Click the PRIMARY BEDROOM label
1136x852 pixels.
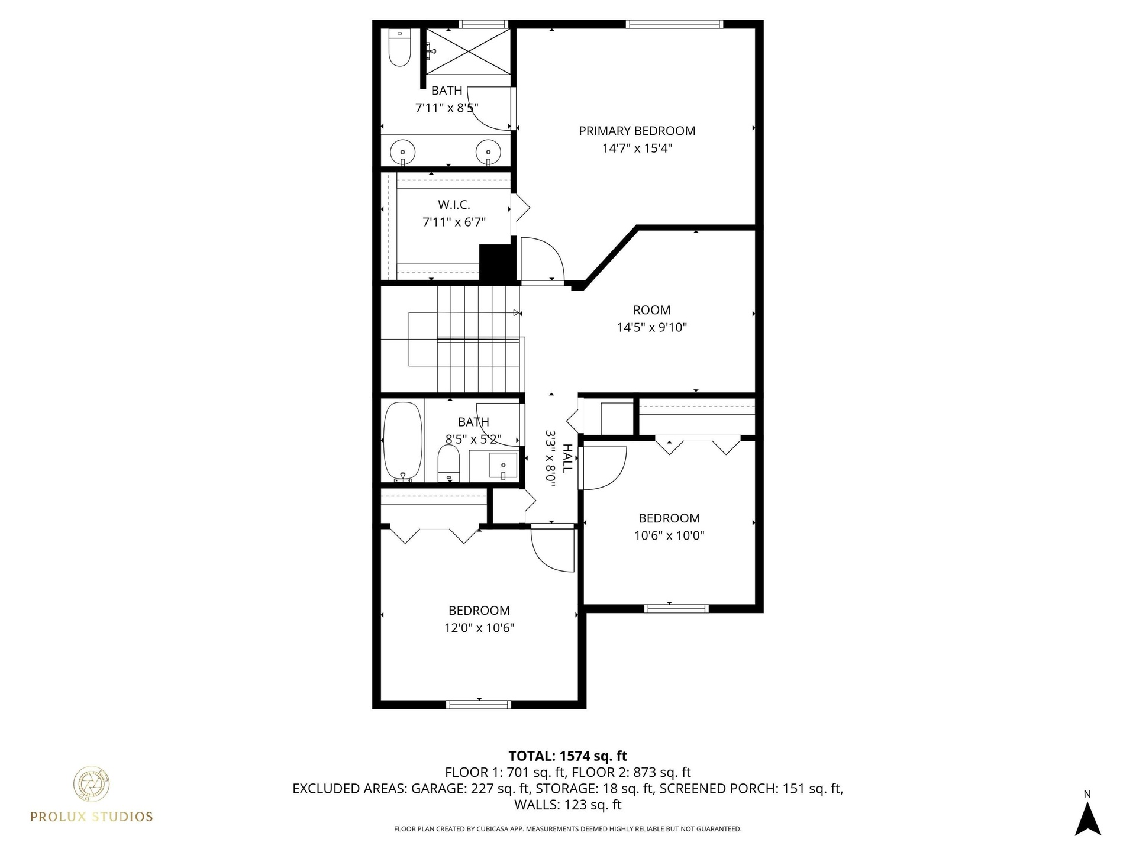637,131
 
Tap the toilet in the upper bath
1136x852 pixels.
399,47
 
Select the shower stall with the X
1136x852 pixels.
469,51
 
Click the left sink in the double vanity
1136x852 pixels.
403,151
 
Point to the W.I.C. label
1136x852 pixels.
454,205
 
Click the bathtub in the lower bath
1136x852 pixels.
403,441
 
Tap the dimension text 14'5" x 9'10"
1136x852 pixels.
652,327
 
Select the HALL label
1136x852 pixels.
567,459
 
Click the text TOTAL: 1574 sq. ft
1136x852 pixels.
568,756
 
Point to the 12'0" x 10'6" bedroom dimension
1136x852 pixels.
479,628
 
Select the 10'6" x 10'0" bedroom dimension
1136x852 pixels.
669,535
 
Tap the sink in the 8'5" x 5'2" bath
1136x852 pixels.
503,466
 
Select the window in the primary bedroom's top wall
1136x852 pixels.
674,24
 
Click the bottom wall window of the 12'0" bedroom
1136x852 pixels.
478,704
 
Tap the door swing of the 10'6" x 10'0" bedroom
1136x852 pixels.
603,468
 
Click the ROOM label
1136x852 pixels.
652,310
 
